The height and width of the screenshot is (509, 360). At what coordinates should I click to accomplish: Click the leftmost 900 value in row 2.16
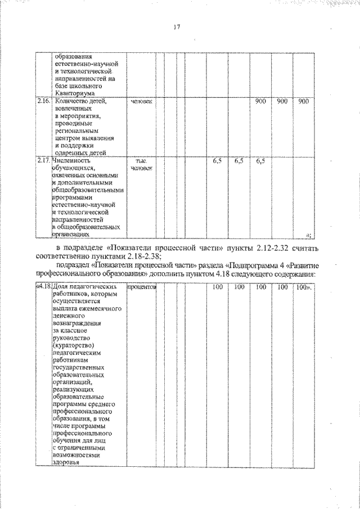[x=260, y=101]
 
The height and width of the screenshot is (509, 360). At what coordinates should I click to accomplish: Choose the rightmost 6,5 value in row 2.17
[x=260, y=161]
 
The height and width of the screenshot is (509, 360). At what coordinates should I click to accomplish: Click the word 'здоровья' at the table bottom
[x=66, y=462]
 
